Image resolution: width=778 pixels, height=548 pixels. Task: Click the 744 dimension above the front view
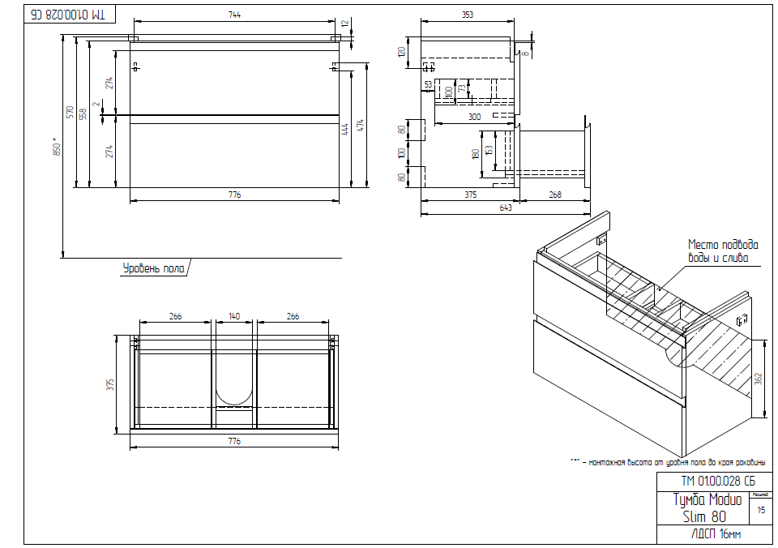235,15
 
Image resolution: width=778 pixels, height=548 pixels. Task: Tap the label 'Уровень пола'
154,267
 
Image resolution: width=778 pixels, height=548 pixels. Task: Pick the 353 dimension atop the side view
468,15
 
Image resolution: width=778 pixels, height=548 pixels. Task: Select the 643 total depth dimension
506,208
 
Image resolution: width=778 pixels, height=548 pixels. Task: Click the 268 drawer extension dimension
555,194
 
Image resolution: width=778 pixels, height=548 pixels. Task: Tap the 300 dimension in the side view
475,118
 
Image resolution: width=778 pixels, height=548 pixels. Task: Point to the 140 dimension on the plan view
234,316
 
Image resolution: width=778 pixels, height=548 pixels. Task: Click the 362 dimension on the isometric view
757,378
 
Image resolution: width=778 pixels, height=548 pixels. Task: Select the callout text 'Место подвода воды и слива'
723,251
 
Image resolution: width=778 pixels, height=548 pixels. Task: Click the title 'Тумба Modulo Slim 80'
707,507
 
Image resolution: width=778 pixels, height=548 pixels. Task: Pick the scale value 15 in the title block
760,511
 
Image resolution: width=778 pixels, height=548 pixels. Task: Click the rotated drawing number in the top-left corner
71,15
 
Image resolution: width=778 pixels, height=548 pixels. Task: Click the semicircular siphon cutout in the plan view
235,393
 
